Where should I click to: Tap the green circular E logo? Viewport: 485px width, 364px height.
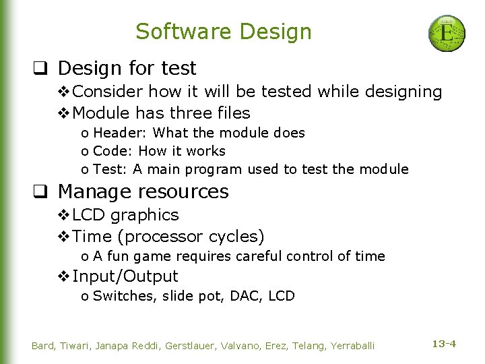coord(447,34)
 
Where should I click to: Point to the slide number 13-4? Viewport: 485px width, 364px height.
coord(443,344)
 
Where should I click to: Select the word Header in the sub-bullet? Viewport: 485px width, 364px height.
coord(113,133)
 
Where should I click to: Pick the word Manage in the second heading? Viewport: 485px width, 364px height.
coord(89,191)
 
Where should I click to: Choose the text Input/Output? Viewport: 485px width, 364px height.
coord(125,276)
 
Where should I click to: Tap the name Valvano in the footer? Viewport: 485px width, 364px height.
coord(232,346)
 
